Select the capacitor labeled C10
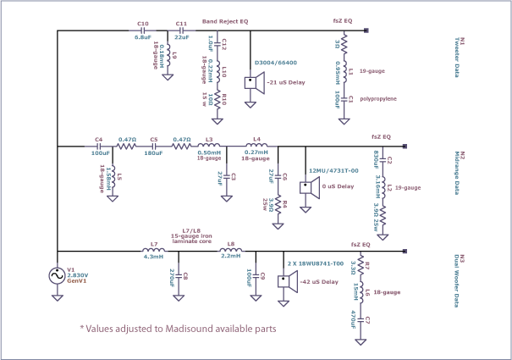(x=143, y=30)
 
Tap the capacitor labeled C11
(x=180, y=30)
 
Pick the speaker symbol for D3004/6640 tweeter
(x=250, y=83)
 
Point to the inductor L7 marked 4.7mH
(x=153, y=252)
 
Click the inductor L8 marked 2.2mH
(x=230, y=252)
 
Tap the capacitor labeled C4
(x=100, y=146)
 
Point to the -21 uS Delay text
(x=285, y=83)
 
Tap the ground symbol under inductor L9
(x=168, y=76)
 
